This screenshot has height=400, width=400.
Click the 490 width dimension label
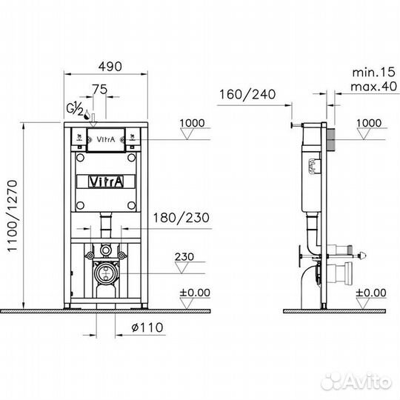110,67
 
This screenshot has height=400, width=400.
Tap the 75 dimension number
100,90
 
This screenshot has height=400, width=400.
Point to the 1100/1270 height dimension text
12,216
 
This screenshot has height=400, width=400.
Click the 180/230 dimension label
181,218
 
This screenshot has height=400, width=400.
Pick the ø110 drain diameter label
147,327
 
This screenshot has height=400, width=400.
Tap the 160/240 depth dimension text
247,94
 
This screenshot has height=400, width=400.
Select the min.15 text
374,73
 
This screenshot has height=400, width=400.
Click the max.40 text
374,87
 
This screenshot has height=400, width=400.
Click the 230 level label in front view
184,256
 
